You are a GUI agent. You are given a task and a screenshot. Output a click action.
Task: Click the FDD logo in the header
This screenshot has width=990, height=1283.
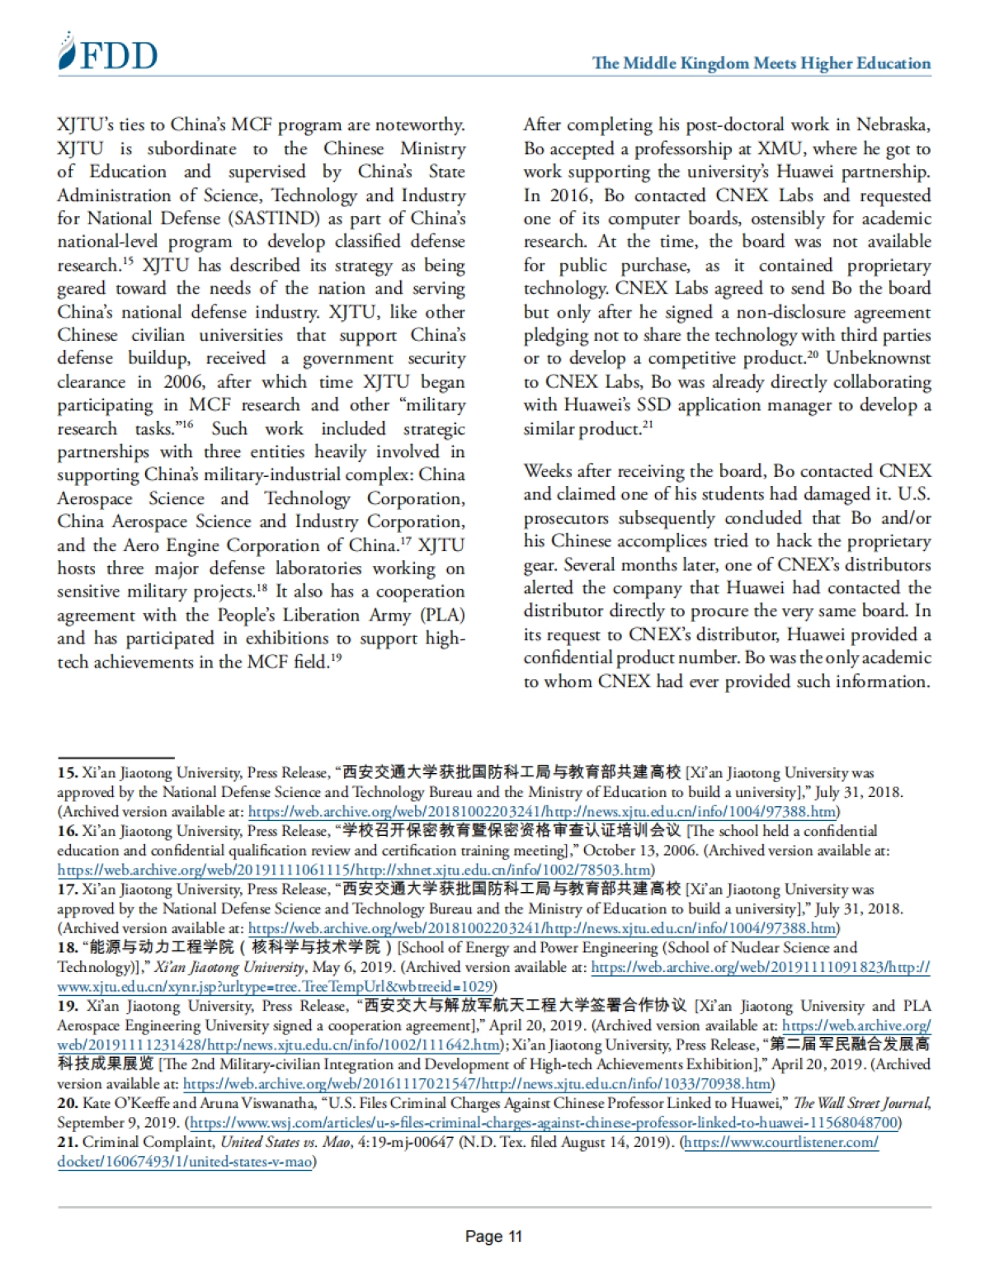(107, 54)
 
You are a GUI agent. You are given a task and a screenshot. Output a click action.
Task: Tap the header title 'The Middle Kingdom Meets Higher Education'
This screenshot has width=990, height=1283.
(761, 64)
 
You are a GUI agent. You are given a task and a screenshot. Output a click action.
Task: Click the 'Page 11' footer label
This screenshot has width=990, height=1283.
(493, 1236)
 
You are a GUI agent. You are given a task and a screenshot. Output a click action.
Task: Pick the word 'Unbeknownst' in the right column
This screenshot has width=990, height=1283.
(878, 358)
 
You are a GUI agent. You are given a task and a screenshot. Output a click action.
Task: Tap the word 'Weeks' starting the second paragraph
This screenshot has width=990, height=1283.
(549, 471)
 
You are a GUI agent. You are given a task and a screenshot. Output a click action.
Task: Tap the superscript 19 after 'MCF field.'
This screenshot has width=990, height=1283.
(336, 658)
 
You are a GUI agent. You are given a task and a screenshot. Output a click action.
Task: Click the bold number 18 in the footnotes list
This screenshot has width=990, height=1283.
(67, 947)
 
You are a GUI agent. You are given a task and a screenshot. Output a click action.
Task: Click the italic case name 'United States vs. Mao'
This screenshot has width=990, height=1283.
(280, 1142)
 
